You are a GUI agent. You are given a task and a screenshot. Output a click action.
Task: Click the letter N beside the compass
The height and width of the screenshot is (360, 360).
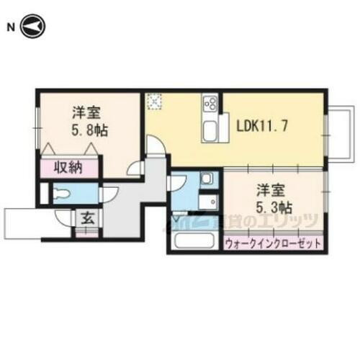click(x=10, y=28)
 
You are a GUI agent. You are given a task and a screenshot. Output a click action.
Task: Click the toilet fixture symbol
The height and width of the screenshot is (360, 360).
click(x=60, y=193)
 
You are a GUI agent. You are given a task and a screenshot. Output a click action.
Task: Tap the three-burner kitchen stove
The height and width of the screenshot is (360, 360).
click(x=211, y=104)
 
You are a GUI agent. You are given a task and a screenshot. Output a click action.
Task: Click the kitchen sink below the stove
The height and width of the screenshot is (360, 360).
click(x=211, y=131)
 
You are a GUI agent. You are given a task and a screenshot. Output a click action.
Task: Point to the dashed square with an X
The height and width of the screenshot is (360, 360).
click(x=154, y=102)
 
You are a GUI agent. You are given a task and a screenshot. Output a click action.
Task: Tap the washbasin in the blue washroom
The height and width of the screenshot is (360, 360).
click(x=207, y=179)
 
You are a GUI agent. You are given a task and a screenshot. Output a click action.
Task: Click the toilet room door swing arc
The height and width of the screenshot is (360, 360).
click(x=110, y=192)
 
